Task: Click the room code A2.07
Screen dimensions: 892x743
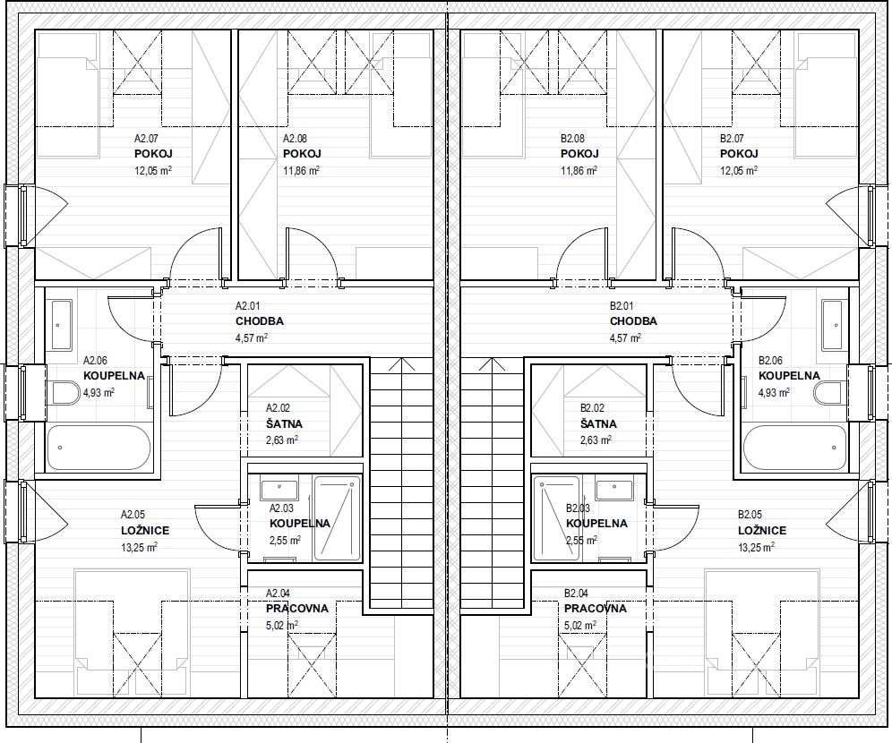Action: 146,138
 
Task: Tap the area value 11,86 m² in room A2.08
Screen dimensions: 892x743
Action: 301,170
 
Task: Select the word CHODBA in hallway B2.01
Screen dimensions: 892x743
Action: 633,321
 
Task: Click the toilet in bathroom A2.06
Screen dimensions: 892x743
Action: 64,393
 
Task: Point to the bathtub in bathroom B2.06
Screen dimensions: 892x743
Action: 794,448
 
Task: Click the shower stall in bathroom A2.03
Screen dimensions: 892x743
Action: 338,518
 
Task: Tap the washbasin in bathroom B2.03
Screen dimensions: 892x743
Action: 615,489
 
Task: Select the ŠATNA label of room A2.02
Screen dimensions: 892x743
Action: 284,424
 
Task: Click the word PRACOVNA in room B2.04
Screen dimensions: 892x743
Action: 595,609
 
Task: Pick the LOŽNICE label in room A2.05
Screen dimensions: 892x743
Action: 145,531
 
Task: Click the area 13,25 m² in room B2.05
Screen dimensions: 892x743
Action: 756,548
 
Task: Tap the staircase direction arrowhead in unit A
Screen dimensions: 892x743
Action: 401,363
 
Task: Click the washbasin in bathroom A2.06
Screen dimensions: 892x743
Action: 61,325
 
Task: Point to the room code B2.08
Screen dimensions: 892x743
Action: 572,138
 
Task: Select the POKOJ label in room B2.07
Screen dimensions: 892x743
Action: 739,154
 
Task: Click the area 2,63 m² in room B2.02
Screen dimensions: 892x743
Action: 596,440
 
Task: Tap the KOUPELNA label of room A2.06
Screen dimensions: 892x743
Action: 114,376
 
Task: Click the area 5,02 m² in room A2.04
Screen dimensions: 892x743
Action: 282,626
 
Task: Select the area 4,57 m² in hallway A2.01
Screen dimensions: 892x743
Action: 252,337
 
